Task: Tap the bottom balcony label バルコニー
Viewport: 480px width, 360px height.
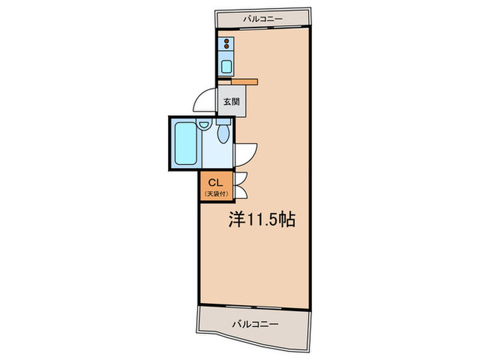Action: pos(254,322)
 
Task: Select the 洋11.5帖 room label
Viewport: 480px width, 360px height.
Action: pos(261,221)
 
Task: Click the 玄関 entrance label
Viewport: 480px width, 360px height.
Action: pos(230,102)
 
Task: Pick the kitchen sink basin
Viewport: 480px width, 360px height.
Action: pos(226,67)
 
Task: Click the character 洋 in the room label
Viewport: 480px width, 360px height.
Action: pos(235,221)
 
